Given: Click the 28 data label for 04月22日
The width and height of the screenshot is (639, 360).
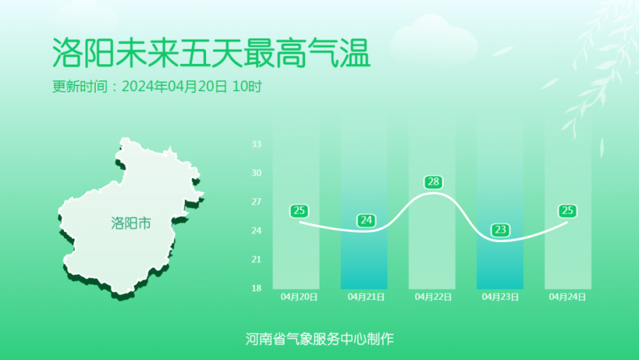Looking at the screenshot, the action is click(433, 182).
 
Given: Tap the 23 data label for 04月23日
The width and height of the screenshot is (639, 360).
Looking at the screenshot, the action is click(500, 230).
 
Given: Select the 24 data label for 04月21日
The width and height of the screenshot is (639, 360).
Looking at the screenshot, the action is click(366, 221).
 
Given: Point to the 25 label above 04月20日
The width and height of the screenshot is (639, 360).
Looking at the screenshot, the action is click(299, 211).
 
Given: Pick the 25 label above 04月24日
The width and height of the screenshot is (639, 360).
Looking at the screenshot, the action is click(567, 211).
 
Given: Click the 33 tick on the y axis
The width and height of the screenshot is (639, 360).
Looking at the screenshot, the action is click(256, 144).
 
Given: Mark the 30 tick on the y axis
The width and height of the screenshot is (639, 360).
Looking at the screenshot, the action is click(256, 173).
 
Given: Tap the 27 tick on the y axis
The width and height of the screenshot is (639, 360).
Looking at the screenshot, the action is click(256, 202).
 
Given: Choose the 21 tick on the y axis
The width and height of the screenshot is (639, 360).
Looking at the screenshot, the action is click(256, 259).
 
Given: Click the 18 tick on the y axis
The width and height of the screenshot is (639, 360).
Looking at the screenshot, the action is click(256, 288).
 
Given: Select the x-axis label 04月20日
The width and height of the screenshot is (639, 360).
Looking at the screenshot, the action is click(299, 297).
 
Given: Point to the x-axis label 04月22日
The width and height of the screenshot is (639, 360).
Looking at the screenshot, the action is click(433, 297).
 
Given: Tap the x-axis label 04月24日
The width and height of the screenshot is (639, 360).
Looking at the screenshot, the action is click(567, 297).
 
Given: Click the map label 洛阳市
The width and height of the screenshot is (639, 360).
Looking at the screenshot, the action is click(131, 223).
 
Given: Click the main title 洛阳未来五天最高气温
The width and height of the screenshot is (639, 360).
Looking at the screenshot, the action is click(211, 53).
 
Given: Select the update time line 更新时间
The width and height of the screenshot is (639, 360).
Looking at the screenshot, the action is click(158, 87).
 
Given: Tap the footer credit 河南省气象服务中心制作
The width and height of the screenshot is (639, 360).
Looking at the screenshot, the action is click(319, 339).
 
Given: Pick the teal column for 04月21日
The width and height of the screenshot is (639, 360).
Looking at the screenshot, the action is click(364, 204).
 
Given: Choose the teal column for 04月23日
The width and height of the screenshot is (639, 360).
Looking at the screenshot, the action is click(500, 204).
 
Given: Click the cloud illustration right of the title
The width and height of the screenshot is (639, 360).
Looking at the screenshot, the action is click(434, 40).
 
